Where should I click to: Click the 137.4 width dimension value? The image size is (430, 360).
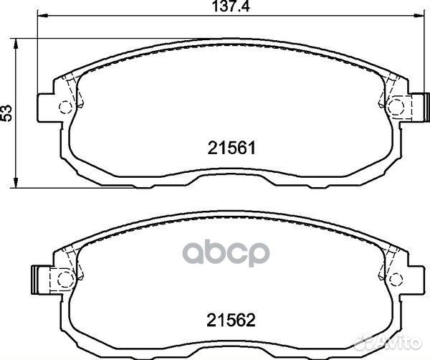tap(231, 7)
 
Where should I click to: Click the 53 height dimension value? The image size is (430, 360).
tap(6, 113)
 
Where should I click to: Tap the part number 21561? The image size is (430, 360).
tap(231, 148)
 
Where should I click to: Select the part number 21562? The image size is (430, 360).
tap(231, 321)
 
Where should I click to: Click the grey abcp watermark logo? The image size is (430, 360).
tap(226, 254)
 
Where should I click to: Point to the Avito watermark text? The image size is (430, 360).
tap(398, 343)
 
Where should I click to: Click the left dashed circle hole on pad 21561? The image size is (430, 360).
tap(66, 107)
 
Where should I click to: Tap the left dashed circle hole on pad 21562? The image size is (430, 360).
tap(65, 280)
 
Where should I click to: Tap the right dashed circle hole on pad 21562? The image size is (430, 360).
tap(396, 280)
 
